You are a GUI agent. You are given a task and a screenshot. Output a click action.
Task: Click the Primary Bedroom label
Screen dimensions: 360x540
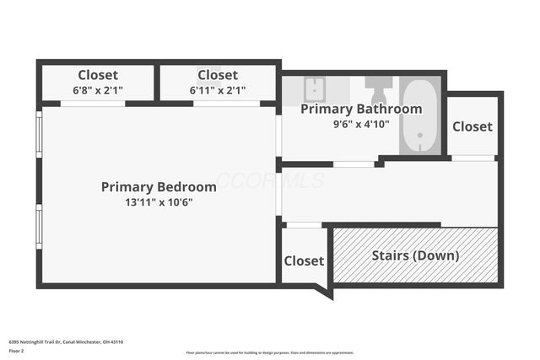[x=159, y=186]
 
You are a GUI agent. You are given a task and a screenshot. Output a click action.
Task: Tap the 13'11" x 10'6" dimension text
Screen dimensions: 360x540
[x=159, y=202]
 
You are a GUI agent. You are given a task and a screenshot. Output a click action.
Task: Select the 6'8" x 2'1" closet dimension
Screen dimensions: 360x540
[x=98, y=90]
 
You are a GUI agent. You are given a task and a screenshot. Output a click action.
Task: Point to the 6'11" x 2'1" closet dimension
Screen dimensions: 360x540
[x=218, y=90]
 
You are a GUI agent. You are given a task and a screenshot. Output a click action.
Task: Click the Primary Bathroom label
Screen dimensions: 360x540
[x=361, y=110]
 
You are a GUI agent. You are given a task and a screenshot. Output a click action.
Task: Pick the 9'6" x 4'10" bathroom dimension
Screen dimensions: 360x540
[x=361, y=123]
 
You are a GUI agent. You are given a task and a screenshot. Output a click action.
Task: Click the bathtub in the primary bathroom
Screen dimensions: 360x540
[x=419, y=116]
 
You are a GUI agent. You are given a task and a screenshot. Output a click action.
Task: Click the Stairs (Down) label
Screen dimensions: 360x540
[x=415, y=255]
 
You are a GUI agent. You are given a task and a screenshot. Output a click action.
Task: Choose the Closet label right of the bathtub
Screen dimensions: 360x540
[x=472, y=126]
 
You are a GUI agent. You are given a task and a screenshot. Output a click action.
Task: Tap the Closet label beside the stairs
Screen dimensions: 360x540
[x=303, y=261]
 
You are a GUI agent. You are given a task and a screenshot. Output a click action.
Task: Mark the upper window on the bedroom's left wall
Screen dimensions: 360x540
[x=38, y=134]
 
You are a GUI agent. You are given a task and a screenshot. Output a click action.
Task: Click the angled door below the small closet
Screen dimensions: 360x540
[x=323, y=291]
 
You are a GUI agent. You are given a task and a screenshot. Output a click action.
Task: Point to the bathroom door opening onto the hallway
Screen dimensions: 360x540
[x=354, y=164]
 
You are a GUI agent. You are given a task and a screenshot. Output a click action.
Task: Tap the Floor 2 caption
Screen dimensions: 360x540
[x=16, y=351]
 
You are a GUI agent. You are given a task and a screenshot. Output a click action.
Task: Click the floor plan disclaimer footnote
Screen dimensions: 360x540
[x=269, y=352]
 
